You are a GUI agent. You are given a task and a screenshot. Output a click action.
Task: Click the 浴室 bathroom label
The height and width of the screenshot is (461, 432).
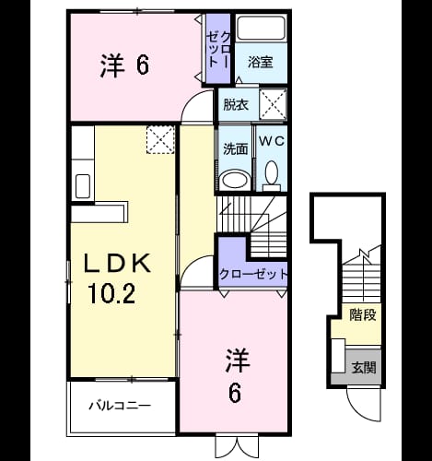[261, 63]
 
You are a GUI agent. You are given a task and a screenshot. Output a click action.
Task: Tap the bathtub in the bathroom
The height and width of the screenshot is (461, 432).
[262, 28]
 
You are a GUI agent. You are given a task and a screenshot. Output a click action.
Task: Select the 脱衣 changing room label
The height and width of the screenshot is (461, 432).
[236, 105]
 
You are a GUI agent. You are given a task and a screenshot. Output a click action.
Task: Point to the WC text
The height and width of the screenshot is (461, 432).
[272, 141]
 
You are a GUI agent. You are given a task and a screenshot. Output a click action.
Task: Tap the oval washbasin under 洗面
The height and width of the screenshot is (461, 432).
[235, 180]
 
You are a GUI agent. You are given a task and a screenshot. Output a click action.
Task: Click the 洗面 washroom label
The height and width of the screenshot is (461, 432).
[235, 149]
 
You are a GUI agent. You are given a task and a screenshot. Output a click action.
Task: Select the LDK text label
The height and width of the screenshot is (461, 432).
[117, 263]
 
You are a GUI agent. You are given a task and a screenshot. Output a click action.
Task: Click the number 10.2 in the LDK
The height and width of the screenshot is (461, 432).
[111, 293]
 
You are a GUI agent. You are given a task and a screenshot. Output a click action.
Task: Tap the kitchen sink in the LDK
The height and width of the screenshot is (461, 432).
[83, 186]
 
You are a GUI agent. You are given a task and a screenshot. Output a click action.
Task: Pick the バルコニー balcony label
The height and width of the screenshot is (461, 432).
[120, 406]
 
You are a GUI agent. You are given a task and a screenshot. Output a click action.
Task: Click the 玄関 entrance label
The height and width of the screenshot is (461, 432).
[364, 368]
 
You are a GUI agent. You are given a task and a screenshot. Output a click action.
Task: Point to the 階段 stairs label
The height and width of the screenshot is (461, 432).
[363, 315]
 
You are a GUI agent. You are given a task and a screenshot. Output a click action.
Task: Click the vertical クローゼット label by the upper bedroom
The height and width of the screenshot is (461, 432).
[218, 49]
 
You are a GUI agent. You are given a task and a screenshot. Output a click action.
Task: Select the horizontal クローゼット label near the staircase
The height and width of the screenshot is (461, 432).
[253, 274]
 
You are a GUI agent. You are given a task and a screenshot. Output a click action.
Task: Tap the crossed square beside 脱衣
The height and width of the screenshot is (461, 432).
[273, 104]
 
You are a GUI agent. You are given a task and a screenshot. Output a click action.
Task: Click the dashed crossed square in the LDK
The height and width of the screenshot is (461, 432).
[160, 139]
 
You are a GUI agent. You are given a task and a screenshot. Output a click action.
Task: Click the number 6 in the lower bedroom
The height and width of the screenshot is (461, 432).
[235, 393]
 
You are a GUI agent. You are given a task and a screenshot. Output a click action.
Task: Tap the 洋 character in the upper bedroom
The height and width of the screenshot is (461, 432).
[112, 65]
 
